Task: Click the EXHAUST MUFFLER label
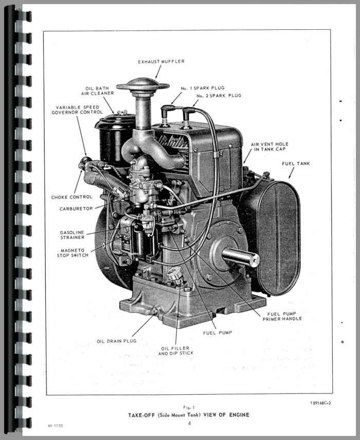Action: coord(161,62)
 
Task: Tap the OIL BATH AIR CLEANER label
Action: coord(100,91)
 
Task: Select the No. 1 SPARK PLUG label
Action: coord(203,88)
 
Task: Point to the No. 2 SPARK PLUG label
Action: coord(218,96)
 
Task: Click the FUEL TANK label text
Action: coord(296,164)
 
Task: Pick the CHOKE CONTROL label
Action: coord(72,197)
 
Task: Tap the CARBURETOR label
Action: coord(76,209)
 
